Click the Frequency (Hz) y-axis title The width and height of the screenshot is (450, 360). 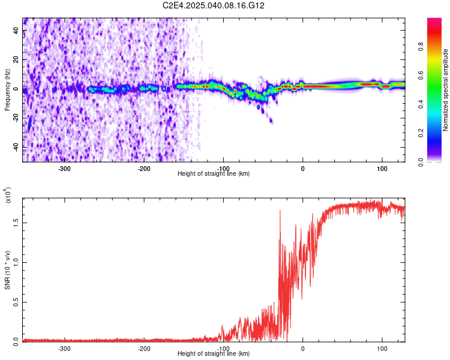[7, 89]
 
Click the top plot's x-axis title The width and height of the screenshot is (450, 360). [214, 173]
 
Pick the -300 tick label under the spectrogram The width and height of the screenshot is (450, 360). [64, 168]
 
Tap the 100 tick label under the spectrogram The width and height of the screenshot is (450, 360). [382, 168]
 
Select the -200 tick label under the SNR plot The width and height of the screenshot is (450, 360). [143, 348]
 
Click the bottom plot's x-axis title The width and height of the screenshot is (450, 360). [214, 353]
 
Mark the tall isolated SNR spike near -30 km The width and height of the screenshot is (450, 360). [280, 211]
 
